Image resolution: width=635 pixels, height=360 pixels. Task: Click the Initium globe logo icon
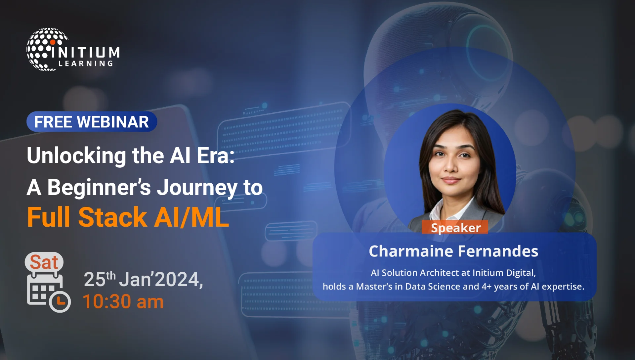click(46, 49)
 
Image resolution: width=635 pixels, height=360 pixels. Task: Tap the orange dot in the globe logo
click(53, 42)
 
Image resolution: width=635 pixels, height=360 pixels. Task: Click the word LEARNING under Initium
click(86, 64)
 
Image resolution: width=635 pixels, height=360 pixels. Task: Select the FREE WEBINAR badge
click(92, 122)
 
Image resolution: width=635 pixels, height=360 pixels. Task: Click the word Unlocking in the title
click(76, 156)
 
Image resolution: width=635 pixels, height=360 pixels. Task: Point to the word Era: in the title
click(216, 156)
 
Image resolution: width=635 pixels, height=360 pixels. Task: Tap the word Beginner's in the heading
click(99, 188)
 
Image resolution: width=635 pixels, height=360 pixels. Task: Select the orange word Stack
click(112, 217)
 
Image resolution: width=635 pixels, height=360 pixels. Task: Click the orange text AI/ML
click(191, 217)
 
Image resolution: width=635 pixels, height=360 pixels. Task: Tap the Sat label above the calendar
click(44, 262)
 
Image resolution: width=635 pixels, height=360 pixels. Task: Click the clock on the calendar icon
click(60, 301)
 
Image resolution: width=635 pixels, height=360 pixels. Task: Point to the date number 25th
click(99, 279)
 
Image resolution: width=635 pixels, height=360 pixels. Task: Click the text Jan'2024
click(160, 279)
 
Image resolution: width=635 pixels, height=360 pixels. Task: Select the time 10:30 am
click(123, 302)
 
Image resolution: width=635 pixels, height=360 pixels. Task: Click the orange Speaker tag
click(455, 228)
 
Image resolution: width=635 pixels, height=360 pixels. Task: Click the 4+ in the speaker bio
click(486, 287)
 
